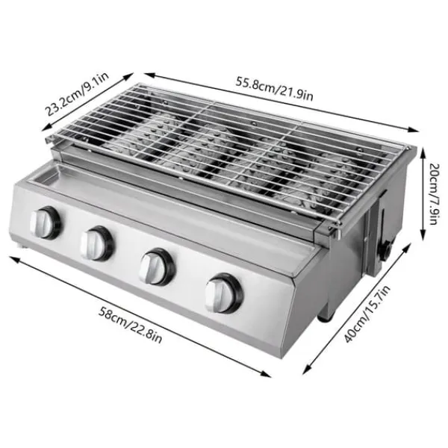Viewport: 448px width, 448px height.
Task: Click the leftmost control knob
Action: click(x=46, y=222)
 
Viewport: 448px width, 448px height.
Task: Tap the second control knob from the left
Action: click(x=97, y=242)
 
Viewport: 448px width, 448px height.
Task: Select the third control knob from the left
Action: click(x=157, y=266)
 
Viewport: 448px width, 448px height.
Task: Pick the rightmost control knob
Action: click(x=223, y=293)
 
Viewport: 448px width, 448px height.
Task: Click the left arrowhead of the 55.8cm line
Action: click(x=146, y=73)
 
